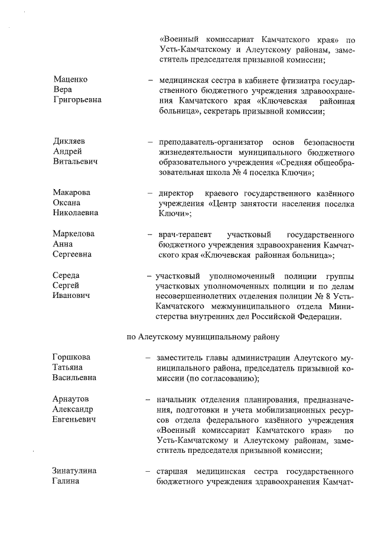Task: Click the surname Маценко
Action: pyautogui.click(x=70, y=79)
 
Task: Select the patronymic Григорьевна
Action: pyautogui.click(x=77, y=100)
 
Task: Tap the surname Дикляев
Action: pyautogui.click(x=69, y=142)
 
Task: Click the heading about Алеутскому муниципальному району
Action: pyautogui.click(x=206, y=336)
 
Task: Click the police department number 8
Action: pyautogui.click(x=322, y=297)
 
